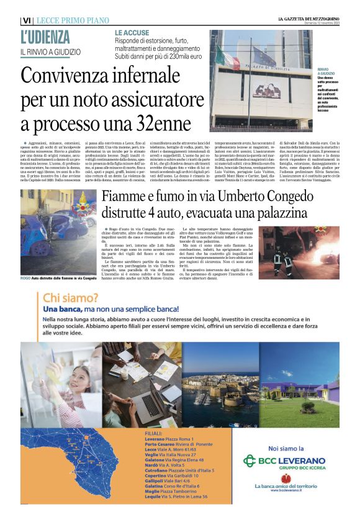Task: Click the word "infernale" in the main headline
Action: tap(151, 76)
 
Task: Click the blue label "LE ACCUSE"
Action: tap(132, 32)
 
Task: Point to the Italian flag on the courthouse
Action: tap(227, 58)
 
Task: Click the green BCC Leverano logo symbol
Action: tap(249, 461)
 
